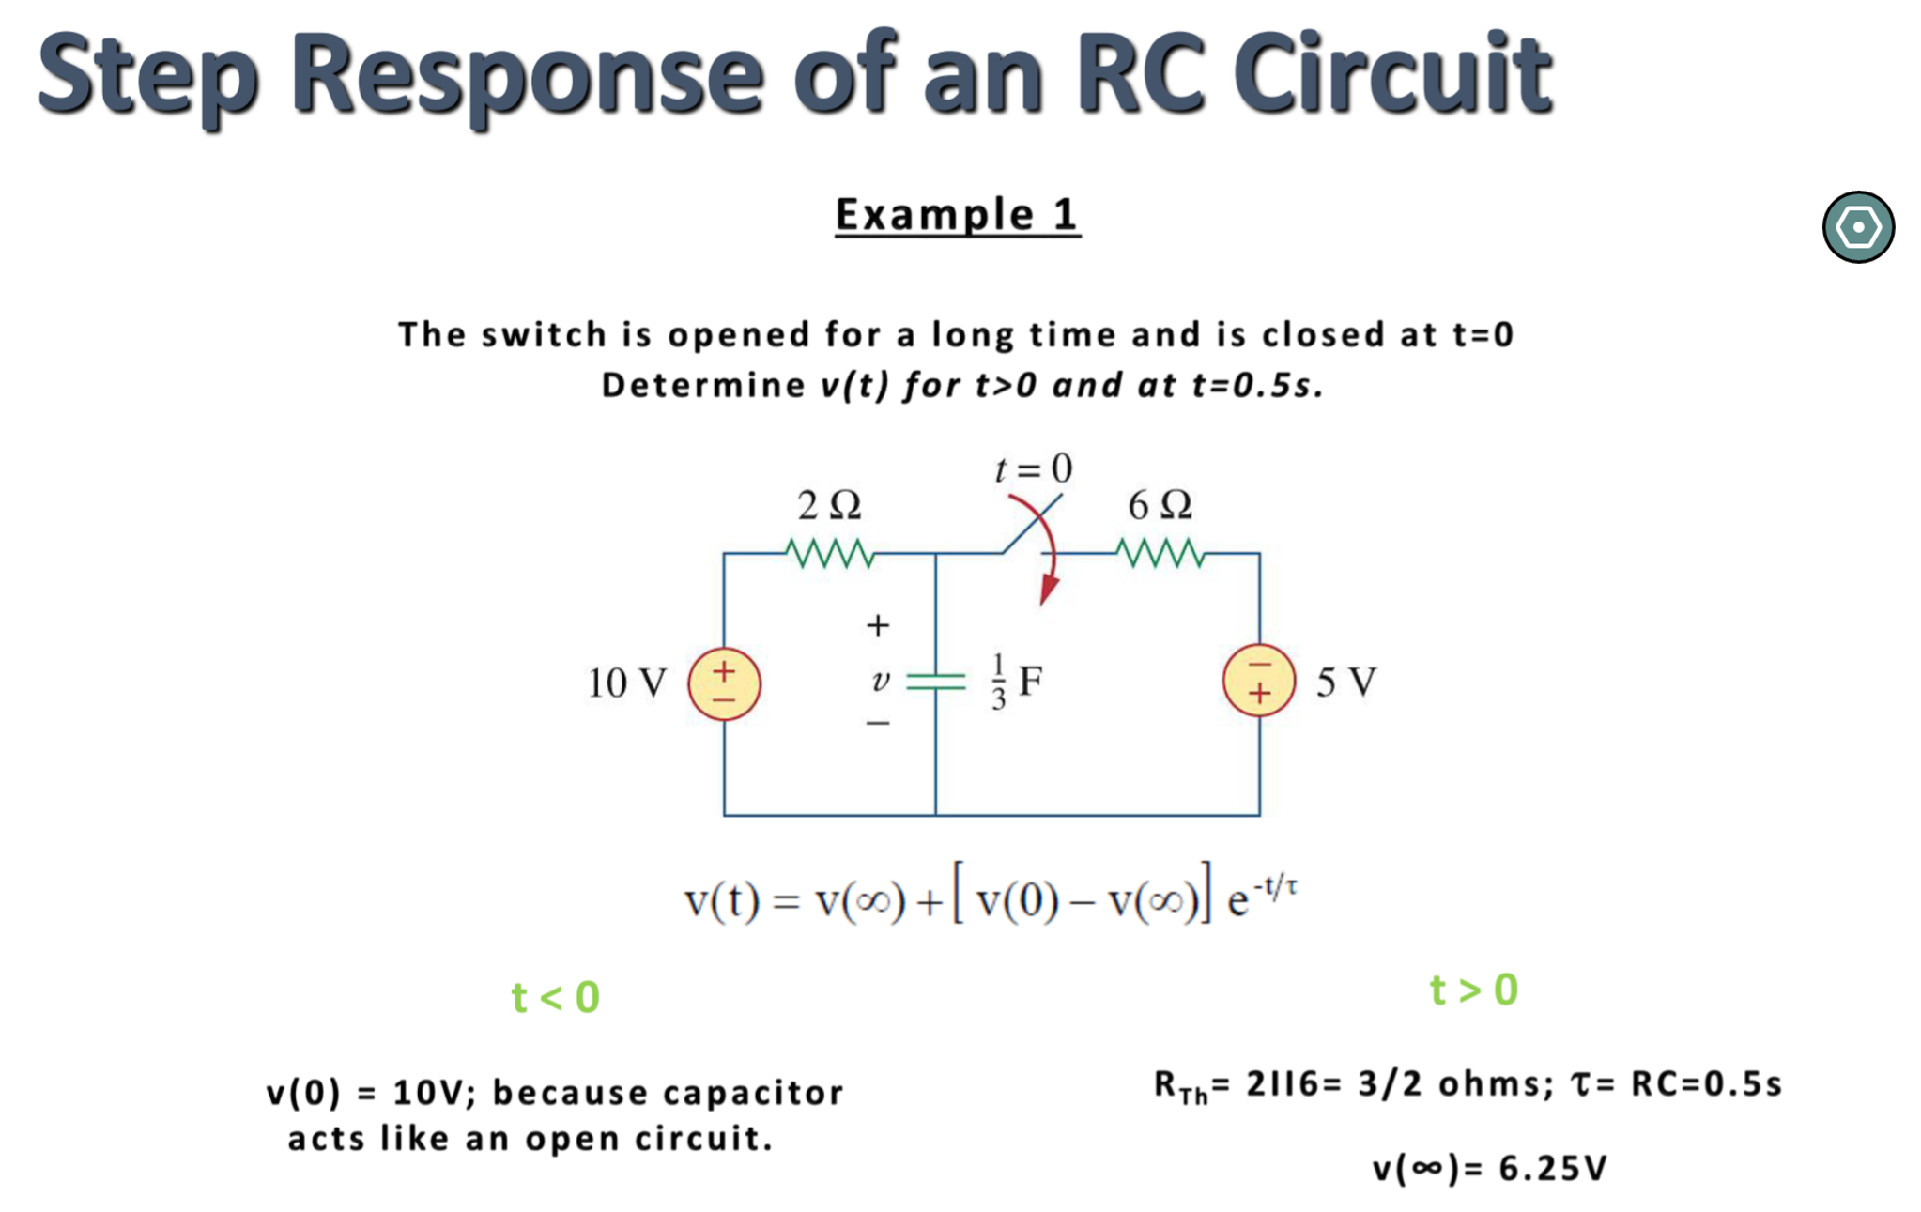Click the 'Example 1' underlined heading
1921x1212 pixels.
tap(957, 215)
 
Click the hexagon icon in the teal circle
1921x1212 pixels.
tap(1857, 227)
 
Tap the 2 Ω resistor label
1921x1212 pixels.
tap(829, 505)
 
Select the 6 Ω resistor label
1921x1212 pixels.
tap(1160, 505)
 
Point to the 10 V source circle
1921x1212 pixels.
tap(724, 683)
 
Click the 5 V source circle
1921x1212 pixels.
tap(1258, 681)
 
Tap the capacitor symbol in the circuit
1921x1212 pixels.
tap(935, 682)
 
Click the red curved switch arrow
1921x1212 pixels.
tap(1050, 554)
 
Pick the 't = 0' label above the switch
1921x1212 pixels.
tap(1033, 468)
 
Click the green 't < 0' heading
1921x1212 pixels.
tap(555, 997)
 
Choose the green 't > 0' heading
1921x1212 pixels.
tap(1473, 990)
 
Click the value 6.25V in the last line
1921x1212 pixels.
tap(1552, 1169)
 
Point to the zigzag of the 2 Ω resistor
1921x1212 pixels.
tap(830, 554)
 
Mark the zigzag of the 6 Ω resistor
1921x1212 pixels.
tap(1160, 554)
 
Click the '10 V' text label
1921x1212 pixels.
tap(626, 683)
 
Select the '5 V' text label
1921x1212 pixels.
tap(1345, 683)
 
